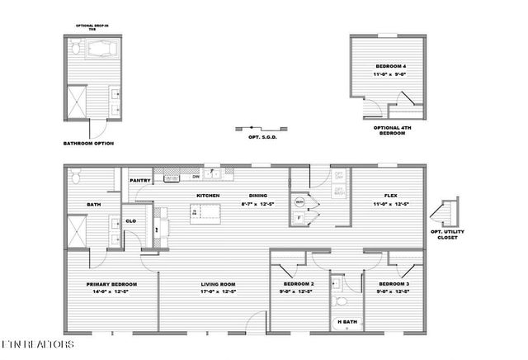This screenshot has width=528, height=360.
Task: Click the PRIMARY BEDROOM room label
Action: click(x=111, y=284)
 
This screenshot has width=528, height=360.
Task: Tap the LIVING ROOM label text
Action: click(x=219, y=284)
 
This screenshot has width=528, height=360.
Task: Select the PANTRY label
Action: click(x=139, y=179)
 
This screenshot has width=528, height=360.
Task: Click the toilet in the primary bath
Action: click(x=75, y=176)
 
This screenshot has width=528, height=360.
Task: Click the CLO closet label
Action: click(x=130, y=220)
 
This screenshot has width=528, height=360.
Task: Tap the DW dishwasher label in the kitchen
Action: click(x=196, y=177)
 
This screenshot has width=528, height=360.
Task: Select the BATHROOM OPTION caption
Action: click(x=88, y=143)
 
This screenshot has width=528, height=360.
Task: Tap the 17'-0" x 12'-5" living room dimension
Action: click(x=219, y=291)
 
